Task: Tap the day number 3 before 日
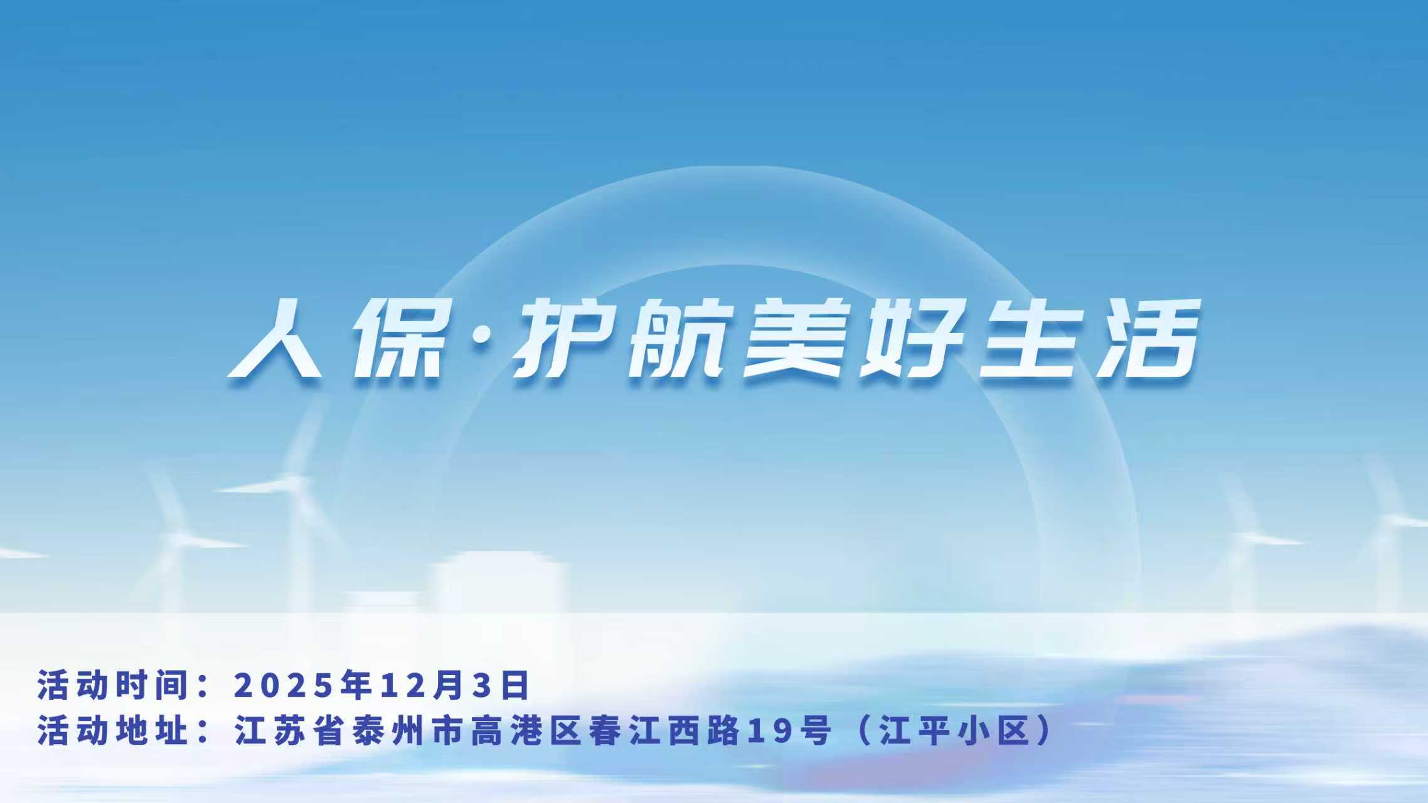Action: click(x=479, y=685)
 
